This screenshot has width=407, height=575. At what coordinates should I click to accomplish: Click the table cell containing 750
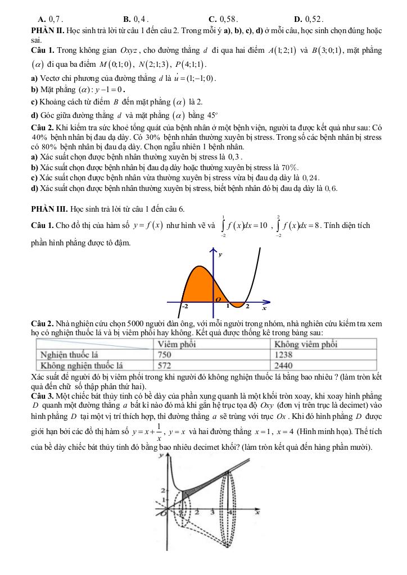pos(165,355)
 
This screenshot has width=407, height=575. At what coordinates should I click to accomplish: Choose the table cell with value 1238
pos(286,355)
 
